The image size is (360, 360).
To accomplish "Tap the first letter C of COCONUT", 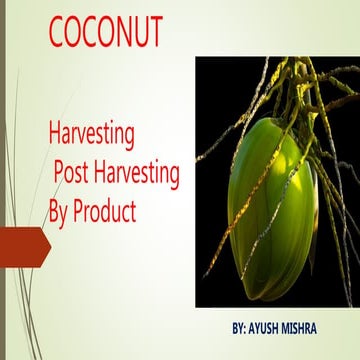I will (x=58, y=32).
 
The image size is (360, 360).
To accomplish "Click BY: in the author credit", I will (x=239, y=327).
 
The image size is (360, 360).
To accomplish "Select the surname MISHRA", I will (x=317, y=327).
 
